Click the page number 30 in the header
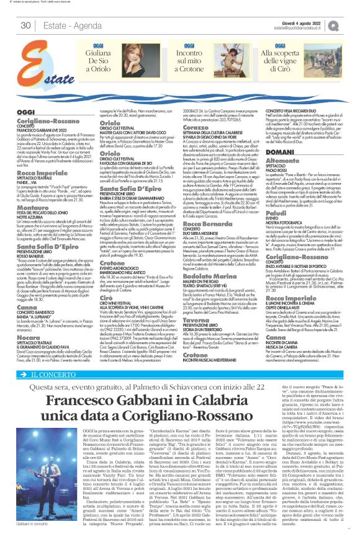pyautogui.click(x=26, y=25)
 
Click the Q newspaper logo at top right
pyautogui.click(x=351, y=25)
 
